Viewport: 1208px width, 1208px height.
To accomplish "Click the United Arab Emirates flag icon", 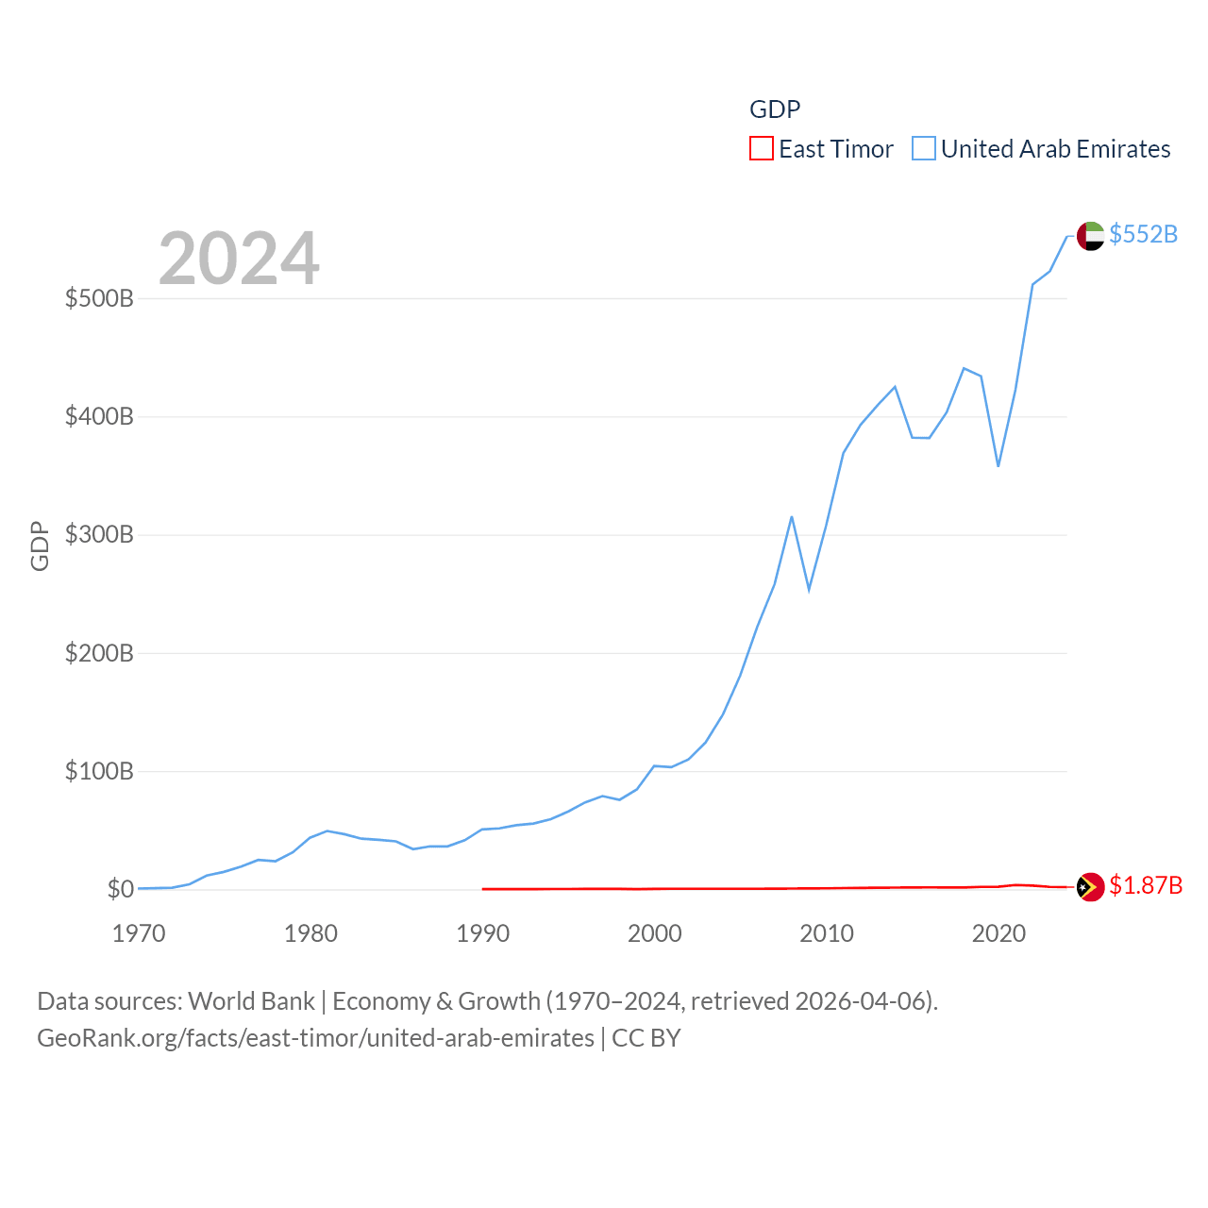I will tap(1090, 236).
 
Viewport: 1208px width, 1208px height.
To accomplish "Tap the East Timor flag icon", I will tap(1090, 887).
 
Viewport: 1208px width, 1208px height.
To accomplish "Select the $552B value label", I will tap(1143, 234).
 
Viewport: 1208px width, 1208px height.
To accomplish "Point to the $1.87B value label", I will tap(1145, 885).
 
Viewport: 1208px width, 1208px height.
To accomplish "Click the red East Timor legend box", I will tap(762, 149).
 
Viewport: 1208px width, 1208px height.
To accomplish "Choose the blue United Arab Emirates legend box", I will tap(924, 149).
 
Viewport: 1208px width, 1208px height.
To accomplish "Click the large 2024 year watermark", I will tap(239, 259).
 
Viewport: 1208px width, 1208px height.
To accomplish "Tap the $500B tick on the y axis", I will tap(99, 299).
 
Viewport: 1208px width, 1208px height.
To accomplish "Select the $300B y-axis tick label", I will tap(99, 535).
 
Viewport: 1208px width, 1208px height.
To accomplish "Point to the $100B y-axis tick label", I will tap(99, 772).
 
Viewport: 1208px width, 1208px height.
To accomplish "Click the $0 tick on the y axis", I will tap(120, 890).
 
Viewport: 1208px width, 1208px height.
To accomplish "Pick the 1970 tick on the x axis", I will tap(139, 934).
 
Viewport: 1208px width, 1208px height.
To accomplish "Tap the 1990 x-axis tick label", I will tap(482, 934).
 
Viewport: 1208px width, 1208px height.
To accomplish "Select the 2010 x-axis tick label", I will tap(827, 934).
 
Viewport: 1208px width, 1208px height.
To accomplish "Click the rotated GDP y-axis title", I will tap(40, 545).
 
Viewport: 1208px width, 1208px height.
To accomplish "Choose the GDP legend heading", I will tap(775, 109).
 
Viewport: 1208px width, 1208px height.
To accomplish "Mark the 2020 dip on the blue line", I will tap(998, 466).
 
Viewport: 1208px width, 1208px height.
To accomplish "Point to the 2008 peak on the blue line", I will tap(792, 517).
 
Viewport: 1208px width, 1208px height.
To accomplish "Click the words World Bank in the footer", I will tap(251, 1001).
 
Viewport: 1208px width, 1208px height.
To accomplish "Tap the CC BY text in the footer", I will tap(646, 1038).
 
